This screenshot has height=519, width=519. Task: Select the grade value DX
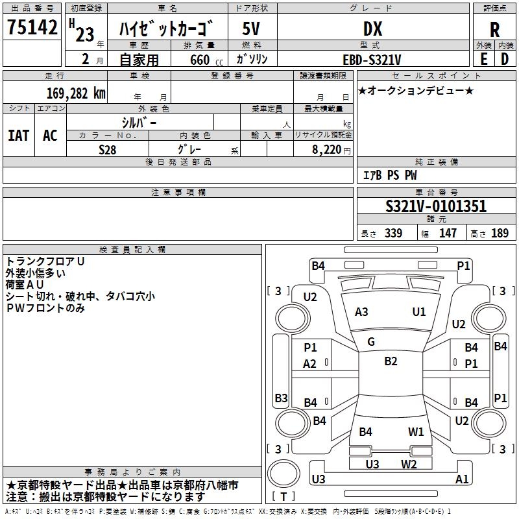pyautogui.click(x=372, y=29)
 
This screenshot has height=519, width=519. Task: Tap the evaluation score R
pyautogui.click(x=494, y=30)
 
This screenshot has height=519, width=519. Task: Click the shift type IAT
pyautogui.click(x=18, y=136)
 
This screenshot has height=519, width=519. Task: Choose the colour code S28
pyautogui.click(x=108, y=149)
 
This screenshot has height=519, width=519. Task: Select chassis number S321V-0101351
pyautogui.click(x=436, y=207)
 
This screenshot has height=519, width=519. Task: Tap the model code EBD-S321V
pyautogui.click(x=372, y=59)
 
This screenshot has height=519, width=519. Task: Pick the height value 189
pyautogui.click(x=500, y=234)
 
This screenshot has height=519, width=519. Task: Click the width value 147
pyautogui.click(x=448, y=234)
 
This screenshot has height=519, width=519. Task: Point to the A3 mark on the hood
pyautogui.click(x=361, y=312)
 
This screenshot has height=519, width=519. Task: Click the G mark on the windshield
pyautogui.click(x=371, y=342)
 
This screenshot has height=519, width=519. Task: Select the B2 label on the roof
pyautogui.click(x=391, y=361)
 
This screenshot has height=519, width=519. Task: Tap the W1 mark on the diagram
pyautogui.click(x=416, y=431)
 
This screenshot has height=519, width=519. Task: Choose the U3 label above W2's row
pyautogui.click(x=372, y=464)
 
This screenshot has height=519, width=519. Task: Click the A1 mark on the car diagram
pyautogui.click(x=462, y=479)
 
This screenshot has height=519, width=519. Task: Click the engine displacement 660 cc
pyautogui.click(x=199, y=59)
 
